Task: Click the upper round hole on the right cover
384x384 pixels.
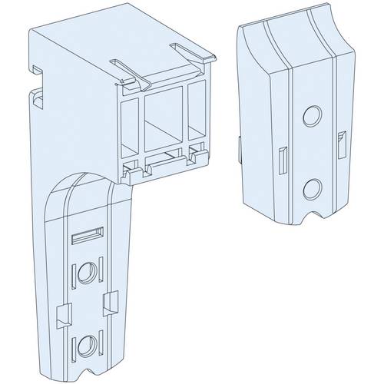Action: (311, 116)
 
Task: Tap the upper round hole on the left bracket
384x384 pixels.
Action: (87, 273)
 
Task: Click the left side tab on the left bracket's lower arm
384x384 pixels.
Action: (64, 312)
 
